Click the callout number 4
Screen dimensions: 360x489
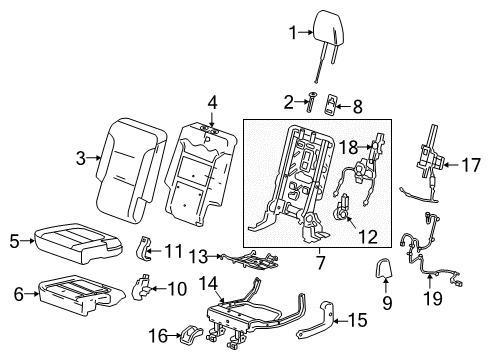[211, 101]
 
